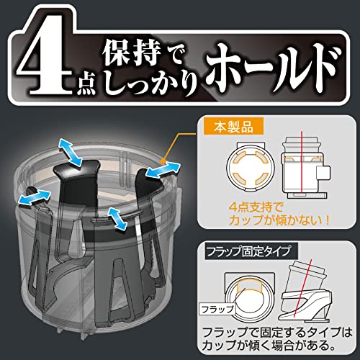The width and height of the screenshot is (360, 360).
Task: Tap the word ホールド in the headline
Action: (x=273, y=69)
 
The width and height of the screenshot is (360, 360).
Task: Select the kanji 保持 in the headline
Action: (x=132, y=55)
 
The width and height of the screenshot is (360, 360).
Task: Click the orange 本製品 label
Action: (x=233, y=127)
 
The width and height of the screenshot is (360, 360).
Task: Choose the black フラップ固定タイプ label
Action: (x=251, y=251)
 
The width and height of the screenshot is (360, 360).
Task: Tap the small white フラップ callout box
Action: (x=217, y=309)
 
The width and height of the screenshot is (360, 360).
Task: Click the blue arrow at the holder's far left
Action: (x=35, y=197)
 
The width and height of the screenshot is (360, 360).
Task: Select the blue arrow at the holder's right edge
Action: (x=163, y=170)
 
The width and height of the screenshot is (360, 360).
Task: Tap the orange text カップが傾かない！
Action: (x=279, y=220)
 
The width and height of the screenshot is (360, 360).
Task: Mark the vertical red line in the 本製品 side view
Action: (x=301, y=165)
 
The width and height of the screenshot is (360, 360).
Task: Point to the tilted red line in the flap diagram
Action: (x=302, y=288)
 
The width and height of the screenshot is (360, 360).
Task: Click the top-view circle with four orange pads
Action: (x=251, y=167)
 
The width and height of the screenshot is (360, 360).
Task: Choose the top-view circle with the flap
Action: (x=250, y=297)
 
